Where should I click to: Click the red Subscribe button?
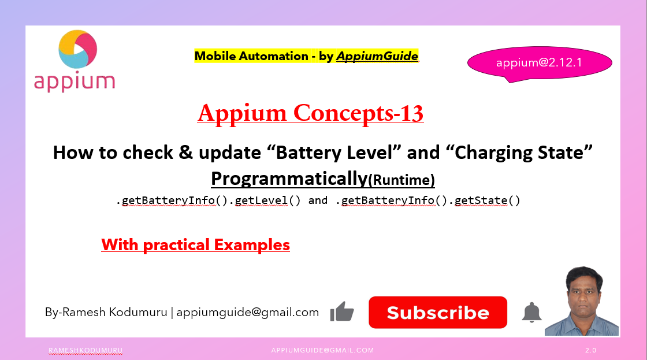[x=438, y=313]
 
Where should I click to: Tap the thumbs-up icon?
[x=342, y=312]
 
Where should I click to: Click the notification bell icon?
[x=531, y=312]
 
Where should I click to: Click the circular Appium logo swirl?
[x=78, y=50]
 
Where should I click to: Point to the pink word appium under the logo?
[x=74, y=81]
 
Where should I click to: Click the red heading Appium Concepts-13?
[x=310, y=113]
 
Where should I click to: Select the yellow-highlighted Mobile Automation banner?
[x=306, y=56]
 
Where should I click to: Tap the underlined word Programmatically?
[x=289, y=179]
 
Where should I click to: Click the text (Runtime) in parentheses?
[x=401, y=180]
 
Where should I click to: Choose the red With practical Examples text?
[x=195, y=245]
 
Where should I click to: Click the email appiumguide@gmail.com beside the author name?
[x=247, y=312]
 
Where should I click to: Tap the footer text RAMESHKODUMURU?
[x=85, y=350]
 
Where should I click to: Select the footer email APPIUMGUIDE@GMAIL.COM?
[x=322, y=350]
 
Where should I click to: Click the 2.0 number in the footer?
[x=590, y=350]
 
